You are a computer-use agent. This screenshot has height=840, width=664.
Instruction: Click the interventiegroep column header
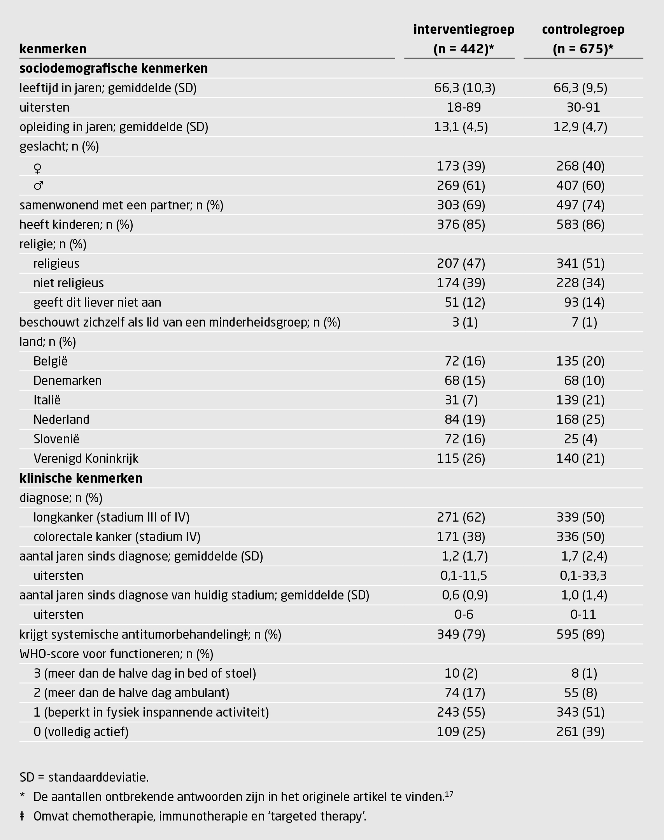click(x=464, y=39)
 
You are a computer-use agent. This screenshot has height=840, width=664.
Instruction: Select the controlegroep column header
click(x=583, y=39)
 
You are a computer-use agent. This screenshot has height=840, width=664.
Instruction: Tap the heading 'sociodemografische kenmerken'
click(x=114, y=69)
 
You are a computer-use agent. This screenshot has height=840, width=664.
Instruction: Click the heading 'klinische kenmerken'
click(x=81, y=478)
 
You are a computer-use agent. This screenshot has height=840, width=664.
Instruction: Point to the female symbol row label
click(x=38, y=167)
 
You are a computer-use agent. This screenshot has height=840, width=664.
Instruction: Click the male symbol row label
click(x=38, y=186)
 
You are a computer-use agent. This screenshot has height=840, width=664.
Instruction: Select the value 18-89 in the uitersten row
click(x=464, y=107)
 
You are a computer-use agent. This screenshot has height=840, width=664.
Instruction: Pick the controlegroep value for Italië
click(x=580, y=400)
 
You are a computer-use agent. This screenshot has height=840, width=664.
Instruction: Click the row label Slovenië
click(x=56, y=439)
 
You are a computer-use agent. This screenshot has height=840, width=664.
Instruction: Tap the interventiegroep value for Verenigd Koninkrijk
click(x=461, y=459)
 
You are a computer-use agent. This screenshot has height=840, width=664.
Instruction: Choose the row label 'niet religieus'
click(x=68, y=283)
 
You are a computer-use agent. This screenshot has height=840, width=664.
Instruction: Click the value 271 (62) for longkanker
click(x=461, y=517)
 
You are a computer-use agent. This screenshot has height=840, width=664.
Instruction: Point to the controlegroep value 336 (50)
click(x=580, y=537)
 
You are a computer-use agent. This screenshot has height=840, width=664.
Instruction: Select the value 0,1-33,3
click(x=583, y=576)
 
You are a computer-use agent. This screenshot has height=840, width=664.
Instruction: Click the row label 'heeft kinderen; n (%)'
click(x=76, y=225)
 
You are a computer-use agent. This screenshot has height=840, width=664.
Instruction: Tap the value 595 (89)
click(x=580, y=634)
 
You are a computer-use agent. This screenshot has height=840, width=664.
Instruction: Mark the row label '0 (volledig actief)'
click(x=81, y=732)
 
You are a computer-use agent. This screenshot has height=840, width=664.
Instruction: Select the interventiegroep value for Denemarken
click(x=465, y=381)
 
